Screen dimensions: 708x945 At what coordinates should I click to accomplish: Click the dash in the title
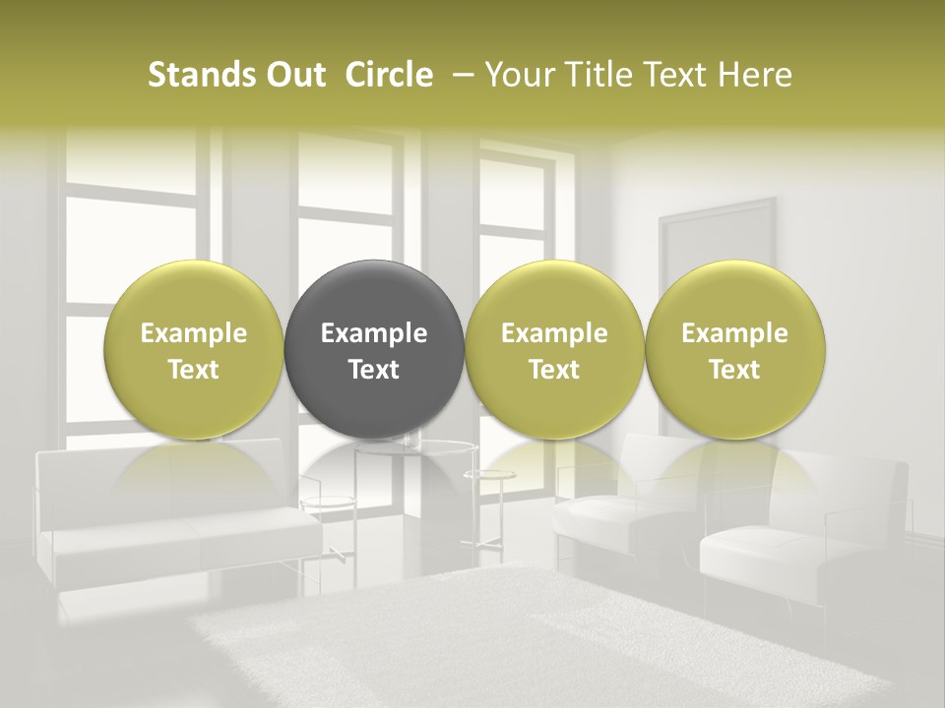point(460,76)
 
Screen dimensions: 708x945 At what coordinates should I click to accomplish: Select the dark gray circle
point(374,305)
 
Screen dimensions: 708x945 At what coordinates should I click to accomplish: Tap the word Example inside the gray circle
point(374,333)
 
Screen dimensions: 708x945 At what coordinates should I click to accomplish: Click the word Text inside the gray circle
point(374,370)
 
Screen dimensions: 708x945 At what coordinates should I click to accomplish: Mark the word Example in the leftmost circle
point(193,333)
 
